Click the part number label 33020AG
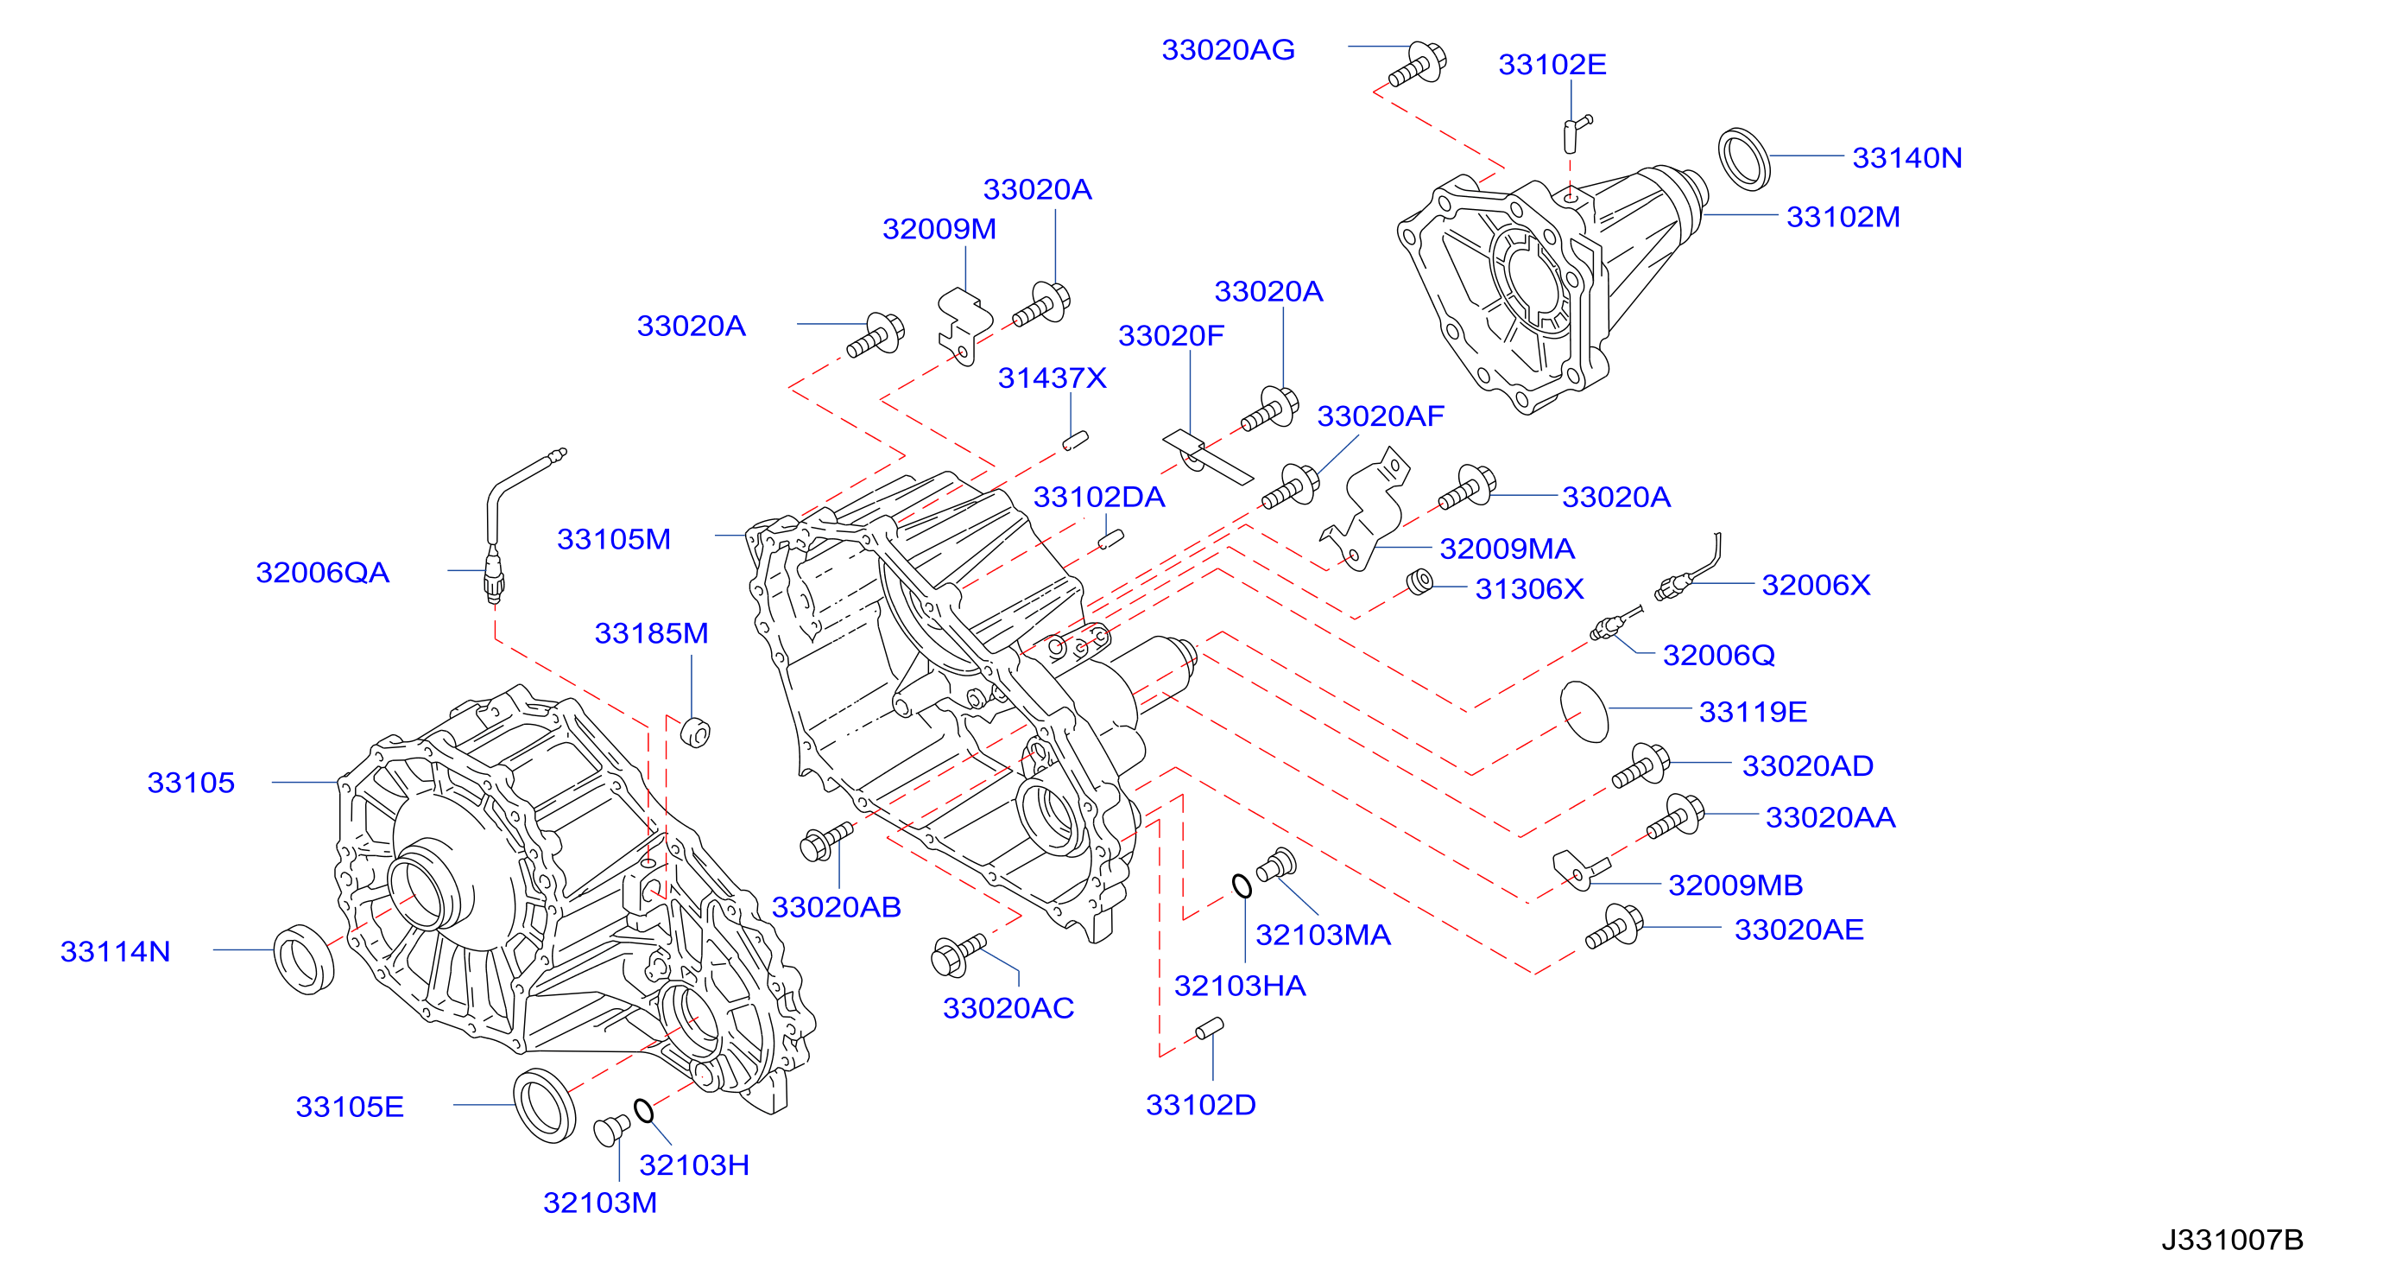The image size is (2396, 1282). click(1228, 49)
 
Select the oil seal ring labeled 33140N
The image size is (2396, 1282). click(1743, 159)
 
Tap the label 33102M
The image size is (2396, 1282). click(1843, 217)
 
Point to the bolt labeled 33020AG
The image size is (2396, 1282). click(1418, 64)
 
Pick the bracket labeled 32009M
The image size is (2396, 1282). click(963, 326)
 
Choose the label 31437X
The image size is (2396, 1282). click(1052, 378)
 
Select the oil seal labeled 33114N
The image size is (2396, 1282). click(303, 959)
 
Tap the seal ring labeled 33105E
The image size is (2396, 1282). click(545, 1105)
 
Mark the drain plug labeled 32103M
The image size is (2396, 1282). click(611, 1128)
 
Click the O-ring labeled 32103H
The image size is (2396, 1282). click(643, 1110)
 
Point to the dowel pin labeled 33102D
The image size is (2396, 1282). click(1209, 1028)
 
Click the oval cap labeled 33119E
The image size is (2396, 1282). click(1584, 712)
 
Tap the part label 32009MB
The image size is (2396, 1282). click(1735, 885)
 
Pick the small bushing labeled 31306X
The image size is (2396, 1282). click(1419, 582)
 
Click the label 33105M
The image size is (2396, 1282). click(614, 539)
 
